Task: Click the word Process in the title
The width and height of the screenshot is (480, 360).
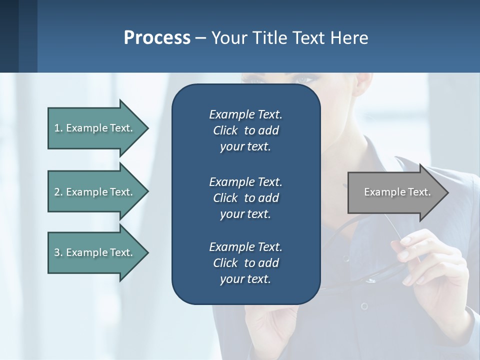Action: point(157,38)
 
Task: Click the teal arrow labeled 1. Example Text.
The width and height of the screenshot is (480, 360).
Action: point(95,128)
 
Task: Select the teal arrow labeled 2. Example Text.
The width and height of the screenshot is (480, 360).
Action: point(95,192)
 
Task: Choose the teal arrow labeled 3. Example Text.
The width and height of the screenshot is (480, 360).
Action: point(95,252)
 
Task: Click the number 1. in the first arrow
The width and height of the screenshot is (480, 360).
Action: point(58,128)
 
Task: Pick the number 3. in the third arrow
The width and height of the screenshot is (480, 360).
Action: point(58,252)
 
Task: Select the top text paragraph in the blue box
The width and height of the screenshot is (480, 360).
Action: point(245,130)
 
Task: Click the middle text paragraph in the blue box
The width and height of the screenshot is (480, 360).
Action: point(245,197)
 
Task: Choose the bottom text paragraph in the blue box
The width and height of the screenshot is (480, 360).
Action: point(245,263)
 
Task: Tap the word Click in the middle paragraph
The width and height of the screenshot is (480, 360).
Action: point(225,197)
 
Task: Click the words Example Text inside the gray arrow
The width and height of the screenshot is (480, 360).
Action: point(397,192)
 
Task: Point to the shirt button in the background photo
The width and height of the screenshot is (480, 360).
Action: point(364,305)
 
